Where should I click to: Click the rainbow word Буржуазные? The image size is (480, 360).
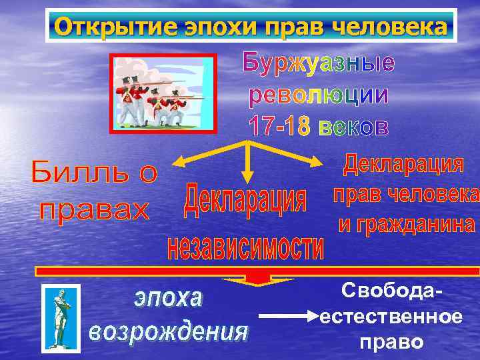pyautogui.click(x=317, y=63)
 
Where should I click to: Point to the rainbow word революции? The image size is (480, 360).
pyautogui.click(x=317, y=95)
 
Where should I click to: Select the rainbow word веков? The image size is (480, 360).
pyautogui.click(x=352, y=125)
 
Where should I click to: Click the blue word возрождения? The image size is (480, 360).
pyautogui.click(x=168, y=331)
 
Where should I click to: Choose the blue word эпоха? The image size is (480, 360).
pyautogui.click(x=168, y=298)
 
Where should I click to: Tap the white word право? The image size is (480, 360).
pyautogui.click(x=391, y=342)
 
